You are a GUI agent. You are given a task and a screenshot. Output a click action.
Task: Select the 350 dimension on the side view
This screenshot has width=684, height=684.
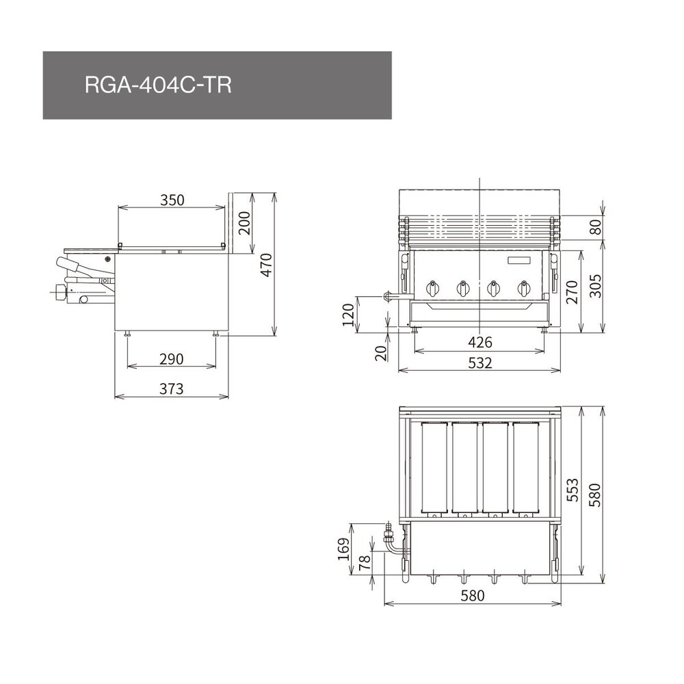172,200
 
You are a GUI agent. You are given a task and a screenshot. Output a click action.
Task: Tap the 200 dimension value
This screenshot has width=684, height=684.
245,223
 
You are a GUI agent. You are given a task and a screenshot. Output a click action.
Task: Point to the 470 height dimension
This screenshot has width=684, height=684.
267,265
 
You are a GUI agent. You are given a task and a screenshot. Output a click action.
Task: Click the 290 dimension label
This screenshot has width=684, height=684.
172,359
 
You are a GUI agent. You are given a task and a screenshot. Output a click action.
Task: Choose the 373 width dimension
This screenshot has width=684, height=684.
172,389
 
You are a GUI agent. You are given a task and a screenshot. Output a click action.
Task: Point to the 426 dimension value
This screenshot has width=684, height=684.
480,342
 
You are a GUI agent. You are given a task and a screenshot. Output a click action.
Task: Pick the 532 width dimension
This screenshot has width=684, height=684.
480,363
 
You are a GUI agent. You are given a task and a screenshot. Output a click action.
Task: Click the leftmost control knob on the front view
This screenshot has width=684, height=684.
433,289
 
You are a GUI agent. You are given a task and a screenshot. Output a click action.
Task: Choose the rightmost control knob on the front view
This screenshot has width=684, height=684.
524,289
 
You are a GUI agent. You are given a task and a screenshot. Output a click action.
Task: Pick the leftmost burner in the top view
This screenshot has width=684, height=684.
434,468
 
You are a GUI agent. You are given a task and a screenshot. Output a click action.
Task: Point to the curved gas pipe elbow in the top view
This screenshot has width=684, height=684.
391,545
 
